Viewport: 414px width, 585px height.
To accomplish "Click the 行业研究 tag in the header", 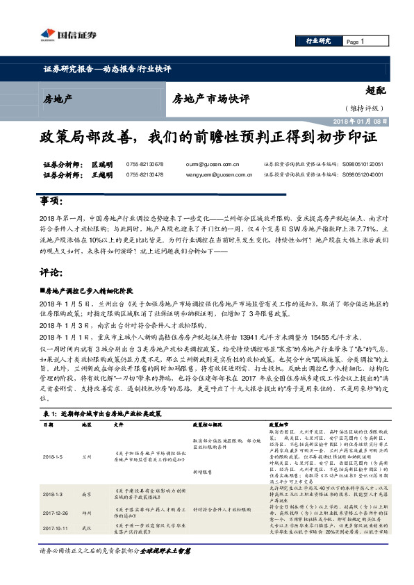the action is pos(320,42).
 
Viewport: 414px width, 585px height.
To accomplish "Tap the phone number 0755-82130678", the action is pos(144,165).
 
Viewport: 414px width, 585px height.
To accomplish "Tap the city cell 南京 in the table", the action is pos(86,493).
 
